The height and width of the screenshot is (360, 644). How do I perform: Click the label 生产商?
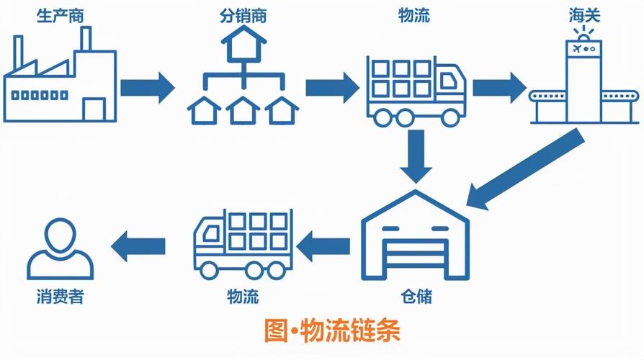[x=60, y=15]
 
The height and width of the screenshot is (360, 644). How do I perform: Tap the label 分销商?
[x=242, y=15]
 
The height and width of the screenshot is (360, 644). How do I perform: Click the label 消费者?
[x=60, y=296]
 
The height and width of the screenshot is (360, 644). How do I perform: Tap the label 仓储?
[x=416, y=296]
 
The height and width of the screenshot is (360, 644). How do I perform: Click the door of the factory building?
[x=94, y=109]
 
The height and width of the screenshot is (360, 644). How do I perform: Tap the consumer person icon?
[x=60, y=249]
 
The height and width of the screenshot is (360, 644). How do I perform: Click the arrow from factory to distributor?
[x=148, y=87]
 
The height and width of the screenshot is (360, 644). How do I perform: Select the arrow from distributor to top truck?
[x=332, y=87]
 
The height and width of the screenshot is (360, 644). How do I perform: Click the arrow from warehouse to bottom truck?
[x=323, y=247]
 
